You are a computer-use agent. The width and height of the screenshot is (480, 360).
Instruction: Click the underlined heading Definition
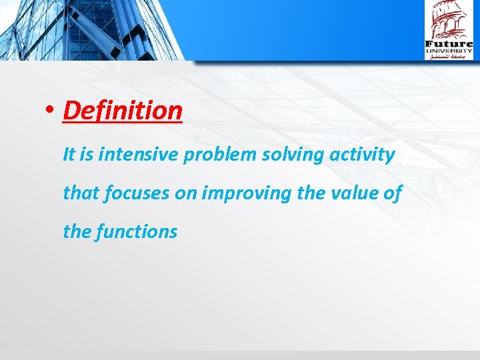[123, 111]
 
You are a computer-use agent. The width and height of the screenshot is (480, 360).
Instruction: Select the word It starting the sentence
[70, 155]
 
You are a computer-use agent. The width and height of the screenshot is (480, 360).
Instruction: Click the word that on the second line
[80, 193]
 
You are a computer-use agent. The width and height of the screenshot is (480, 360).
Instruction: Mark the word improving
[245, 194]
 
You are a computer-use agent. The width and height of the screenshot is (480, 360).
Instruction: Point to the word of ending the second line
[393, 193]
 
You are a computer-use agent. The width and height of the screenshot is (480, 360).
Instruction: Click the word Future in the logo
[449, 45]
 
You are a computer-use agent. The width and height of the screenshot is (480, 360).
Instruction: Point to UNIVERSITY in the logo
[449, 51]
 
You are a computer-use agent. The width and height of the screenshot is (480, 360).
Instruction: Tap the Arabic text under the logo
[449, 57]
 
